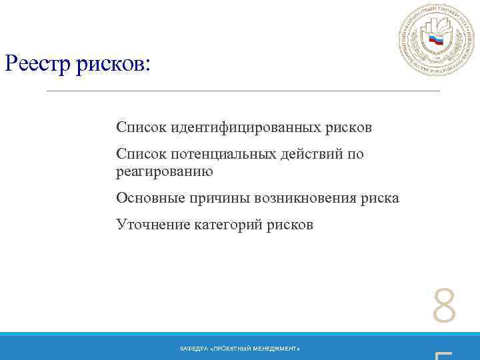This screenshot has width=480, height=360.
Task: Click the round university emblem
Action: point(436,39)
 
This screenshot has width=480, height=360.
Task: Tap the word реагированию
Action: point(164,171)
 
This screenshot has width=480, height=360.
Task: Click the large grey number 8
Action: point(444,307)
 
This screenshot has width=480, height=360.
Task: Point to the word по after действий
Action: point(356,155)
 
